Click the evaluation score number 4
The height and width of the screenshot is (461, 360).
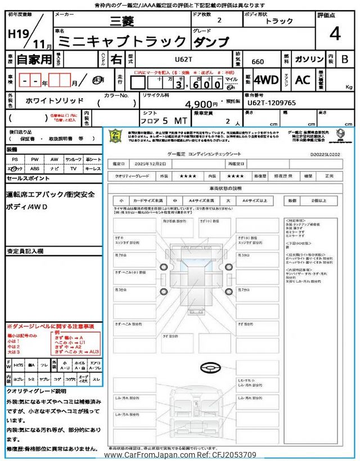pyautogui.click(x=335, y=35)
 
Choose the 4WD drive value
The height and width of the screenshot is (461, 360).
pyautogui.click(x=265, y=80)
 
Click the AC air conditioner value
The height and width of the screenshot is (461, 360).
pyautogui.click(x=303, y=80)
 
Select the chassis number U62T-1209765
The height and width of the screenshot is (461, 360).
pyautogui.click(x=272, y=103)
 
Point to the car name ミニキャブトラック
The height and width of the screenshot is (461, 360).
pyautogui.click(x=122, y=41)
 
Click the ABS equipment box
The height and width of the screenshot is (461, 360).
pyautogui.click(x=35, y=168)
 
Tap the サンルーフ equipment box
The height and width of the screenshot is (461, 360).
pyautogui.click(x=73, y=159)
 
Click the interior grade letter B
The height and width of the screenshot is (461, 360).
pyautogui.click(x=344, y=59)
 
